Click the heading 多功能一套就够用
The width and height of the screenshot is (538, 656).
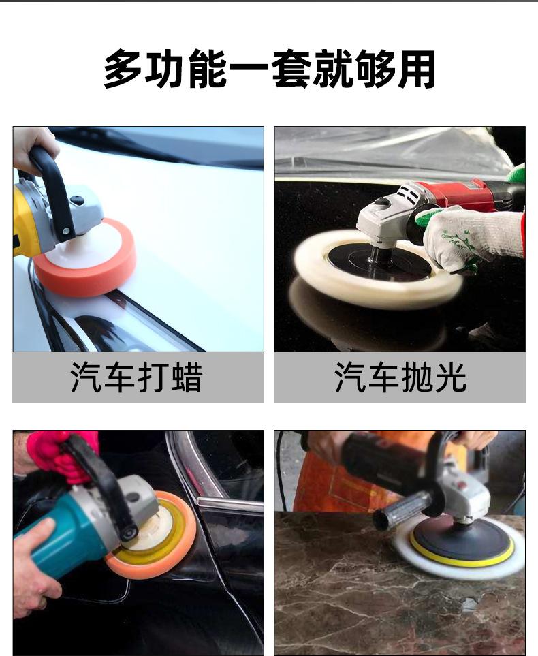tap(269, 69)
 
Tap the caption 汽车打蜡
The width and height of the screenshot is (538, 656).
tap(137, 377)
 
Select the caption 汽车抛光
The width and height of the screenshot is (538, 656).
tap(400, 377)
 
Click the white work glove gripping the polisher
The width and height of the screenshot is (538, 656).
tap(473, 238)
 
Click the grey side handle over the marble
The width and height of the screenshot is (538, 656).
tap(402, 510)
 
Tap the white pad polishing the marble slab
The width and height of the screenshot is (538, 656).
tap(460, 548)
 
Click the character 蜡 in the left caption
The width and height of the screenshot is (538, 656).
tap(187, 377)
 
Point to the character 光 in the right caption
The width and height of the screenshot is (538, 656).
tap(451, 377)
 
